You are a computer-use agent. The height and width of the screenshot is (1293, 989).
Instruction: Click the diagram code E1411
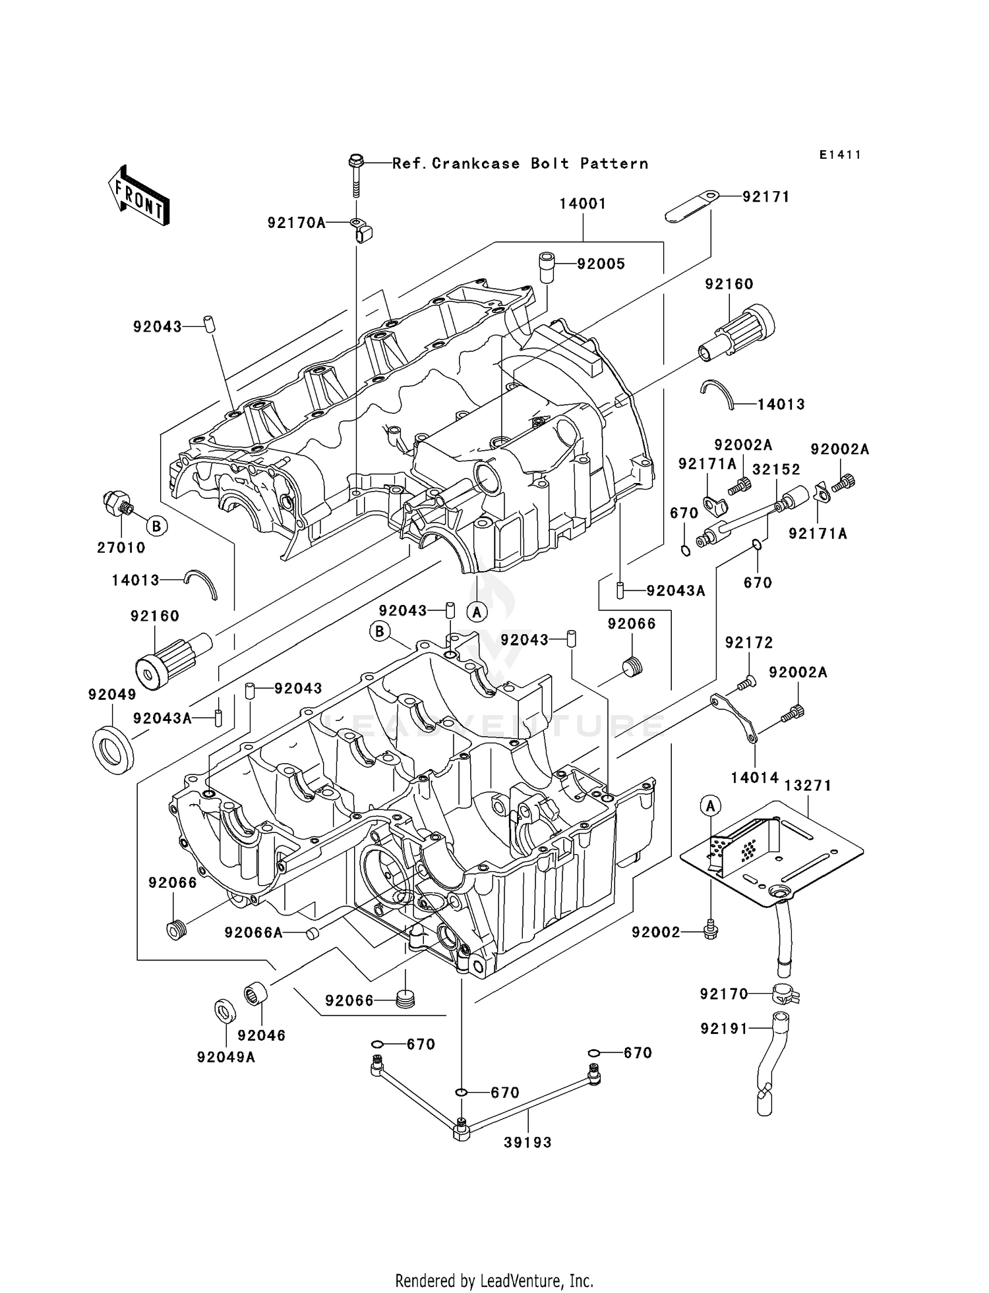(x=840, y=155)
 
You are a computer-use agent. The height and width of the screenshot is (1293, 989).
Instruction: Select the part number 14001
(x=582, y=204)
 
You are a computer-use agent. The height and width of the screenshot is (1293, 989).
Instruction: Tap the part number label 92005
(x=601, y=264)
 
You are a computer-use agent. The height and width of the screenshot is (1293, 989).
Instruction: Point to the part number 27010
(x=121, y=548)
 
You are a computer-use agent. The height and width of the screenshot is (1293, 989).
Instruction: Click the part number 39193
(x=527, y=1143)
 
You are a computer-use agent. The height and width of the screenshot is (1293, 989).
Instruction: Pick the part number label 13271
(x=808, y=786)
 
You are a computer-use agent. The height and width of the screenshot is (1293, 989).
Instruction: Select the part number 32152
(x=776, y=469)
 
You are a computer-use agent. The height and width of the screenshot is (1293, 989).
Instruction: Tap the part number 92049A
(x=225, y=1058)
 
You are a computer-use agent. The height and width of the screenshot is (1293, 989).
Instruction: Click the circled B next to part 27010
(x=156, y=526)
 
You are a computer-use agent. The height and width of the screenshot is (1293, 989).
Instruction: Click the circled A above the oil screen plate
(x=710, y=805)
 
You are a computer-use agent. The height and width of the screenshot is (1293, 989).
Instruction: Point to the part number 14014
(x=754, y=778)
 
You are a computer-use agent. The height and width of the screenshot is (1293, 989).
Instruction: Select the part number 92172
(x=749, y=643)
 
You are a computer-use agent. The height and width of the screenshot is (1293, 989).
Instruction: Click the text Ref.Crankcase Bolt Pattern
(x=520, y=163)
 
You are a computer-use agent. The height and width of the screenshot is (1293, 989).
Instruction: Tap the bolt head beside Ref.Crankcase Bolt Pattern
(x=355, y=161)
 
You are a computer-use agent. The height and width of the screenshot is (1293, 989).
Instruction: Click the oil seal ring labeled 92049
(x=112, y=748)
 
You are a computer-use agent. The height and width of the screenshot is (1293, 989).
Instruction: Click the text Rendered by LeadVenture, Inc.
(x=494, y=1280)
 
